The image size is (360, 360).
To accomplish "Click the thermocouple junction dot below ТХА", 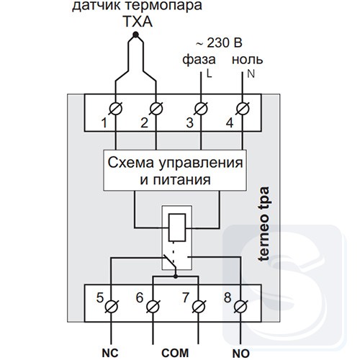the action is click(135, 35).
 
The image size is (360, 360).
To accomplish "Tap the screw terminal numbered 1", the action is click(115, 109).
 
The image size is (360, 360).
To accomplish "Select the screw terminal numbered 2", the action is click(156, 109).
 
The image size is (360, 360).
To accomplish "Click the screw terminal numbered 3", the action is click(201, 109).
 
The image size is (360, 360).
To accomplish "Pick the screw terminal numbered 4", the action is click(243, 109).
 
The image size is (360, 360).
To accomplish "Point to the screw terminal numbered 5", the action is click(112, 307).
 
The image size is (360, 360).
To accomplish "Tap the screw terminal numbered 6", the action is click(153, 307).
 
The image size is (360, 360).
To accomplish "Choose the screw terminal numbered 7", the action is click(199, 307).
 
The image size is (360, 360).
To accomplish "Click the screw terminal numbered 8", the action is click(240, 307).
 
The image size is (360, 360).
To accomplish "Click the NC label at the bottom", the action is click(110, 353).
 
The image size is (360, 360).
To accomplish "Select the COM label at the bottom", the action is click(175, 353).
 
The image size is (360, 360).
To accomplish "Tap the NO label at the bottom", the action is click(241, 354).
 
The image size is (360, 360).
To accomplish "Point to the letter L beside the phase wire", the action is click(210, 74).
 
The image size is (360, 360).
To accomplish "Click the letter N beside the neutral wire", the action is click(251, 74).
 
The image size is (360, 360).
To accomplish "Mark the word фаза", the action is click(199, 60).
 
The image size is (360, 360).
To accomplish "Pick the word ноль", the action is click(247, 60).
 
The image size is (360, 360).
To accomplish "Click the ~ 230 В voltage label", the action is click(219, 43).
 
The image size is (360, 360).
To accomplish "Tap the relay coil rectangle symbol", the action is click(177, 228).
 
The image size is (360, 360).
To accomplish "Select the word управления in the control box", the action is click(200, 163).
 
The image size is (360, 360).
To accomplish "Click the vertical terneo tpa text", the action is click(264, 224).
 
